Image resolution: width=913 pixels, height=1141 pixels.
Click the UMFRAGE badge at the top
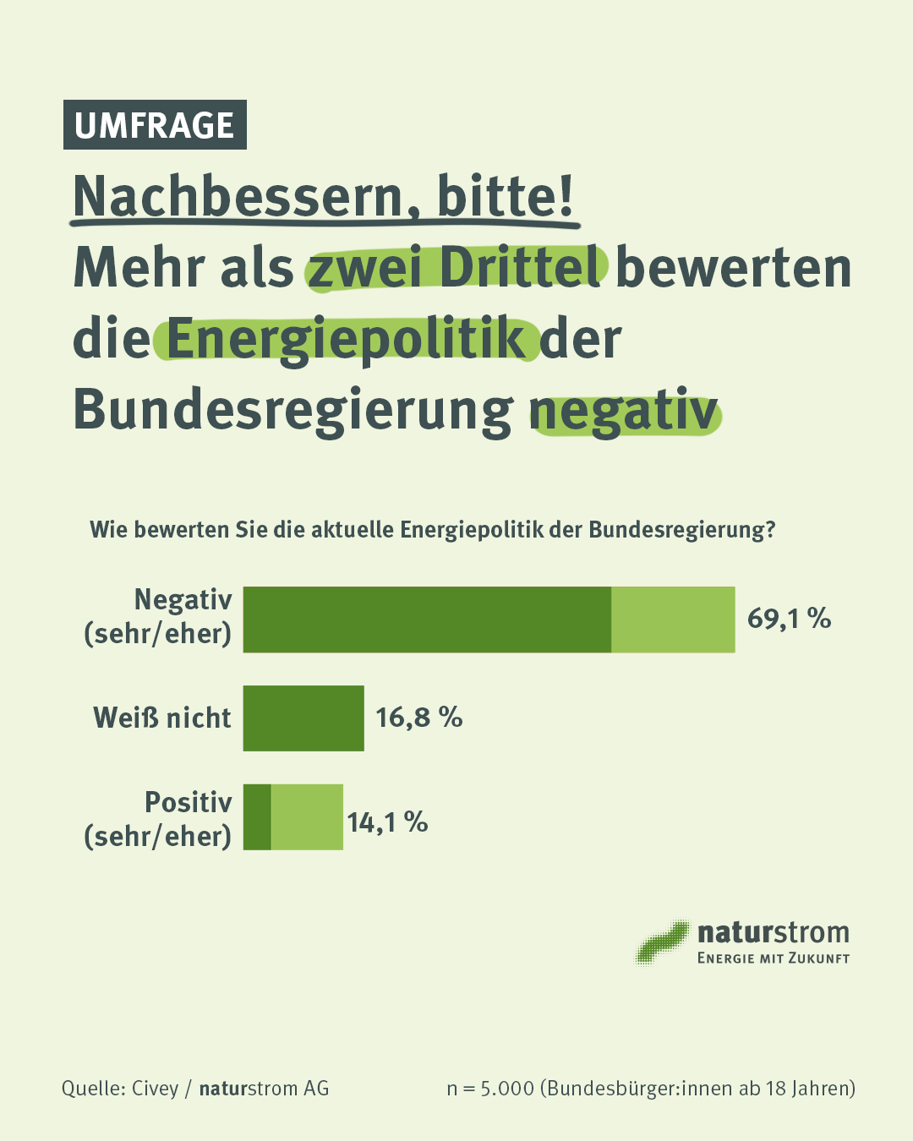155,125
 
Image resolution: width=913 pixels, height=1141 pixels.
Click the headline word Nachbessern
238,197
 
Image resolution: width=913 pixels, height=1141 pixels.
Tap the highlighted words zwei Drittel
456,268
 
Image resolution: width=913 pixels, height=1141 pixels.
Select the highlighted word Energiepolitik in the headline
347,339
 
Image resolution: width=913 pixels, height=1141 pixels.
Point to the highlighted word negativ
625,411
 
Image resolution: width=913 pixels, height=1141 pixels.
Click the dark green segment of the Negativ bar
427,620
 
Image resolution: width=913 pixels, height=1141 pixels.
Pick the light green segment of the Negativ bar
673,620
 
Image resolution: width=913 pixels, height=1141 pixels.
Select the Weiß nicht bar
303,718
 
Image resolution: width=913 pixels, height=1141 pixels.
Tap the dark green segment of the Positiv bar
257,817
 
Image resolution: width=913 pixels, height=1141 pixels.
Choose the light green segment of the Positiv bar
307,817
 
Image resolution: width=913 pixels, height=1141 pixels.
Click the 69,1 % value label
789,619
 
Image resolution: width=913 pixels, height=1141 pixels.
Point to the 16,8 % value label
419,718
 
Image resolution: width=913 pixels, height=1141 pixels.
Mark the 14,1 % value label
387,822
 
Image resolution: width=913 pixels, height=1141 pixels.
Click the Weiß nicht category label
162,718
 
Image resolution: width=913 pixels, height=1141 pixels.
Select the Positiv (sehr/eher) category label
158,819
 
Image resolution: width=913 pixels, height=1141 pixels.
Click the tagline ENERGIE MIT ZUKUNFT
773,958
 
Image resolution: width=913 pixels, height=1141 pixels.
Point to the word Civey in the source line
155,1089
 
